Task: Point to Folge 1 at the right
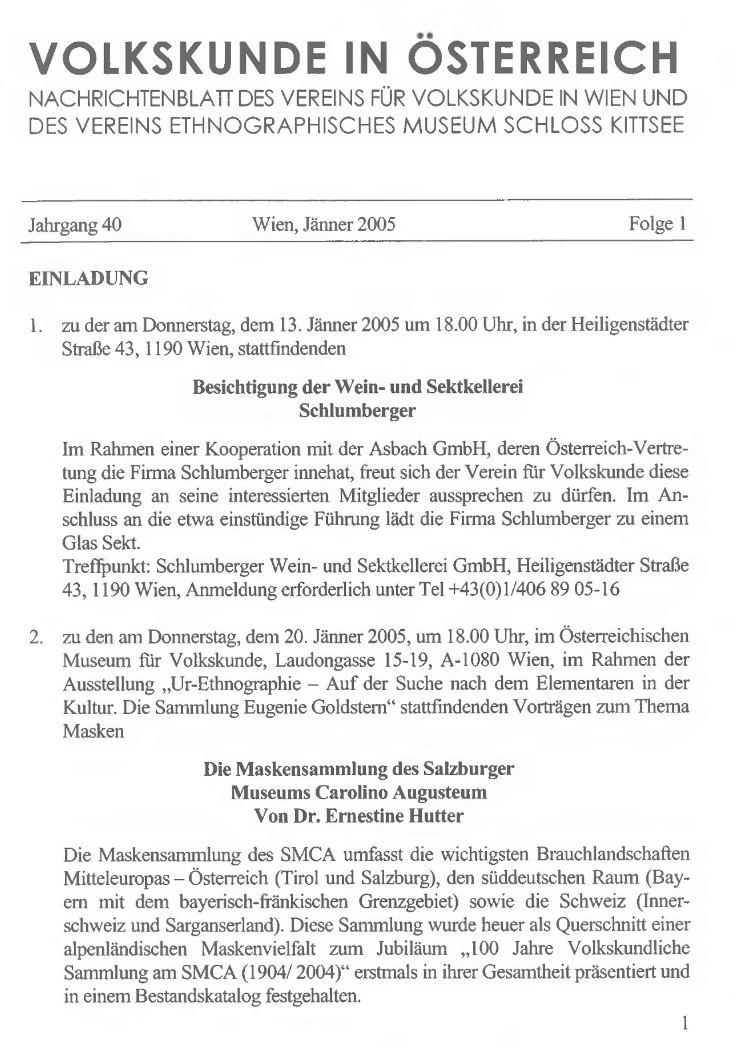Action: coord(657,224)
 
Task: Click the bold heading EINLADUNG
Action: coord(88,278)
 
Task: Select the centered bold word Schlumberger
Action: coord(357,410)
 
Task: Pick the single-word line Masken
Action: coord(94,731)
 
